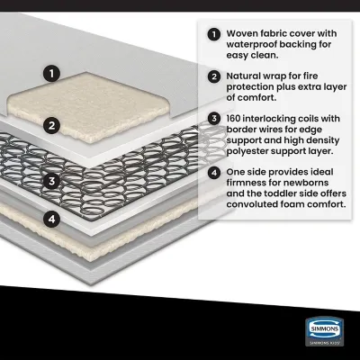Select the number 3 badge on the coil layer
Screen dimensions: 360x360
coord(54,179)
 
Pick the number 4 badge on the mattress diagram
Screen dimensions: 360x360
coord(54,218)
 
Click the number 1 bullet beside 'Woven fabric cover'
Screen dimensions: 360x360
coord(213,35)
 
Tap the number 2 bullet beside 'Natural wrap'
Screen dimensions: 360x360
coord(213,77)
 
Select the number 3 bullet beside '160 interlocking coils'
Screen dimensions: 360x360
coord(213,118)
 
